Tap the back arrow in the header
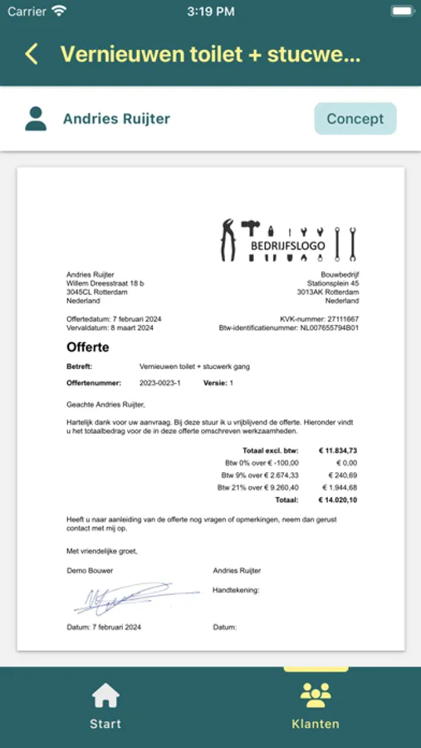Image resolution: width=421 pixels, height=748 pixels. pos(32,55)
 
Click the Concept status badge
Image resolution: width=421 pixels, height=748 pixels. pos(355,119)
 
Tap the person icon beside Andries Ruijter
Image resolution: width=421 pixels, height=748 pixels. pos(36,119)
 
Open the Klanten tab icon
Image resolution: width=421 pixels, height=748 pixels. pos(316,695)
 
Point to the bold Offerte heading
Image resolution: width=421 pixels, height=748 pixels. pos(88,347)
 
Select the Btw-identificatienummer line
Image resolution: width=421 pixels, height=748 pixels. pos(289,328)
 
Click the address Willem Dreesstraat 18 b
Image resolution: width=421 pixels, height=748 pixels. pos(105,283)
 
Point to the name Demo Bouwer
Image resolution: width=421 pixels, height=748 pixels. pos(90,571)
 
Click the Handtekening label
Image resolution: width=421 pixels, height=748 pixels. pos(236,589)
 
